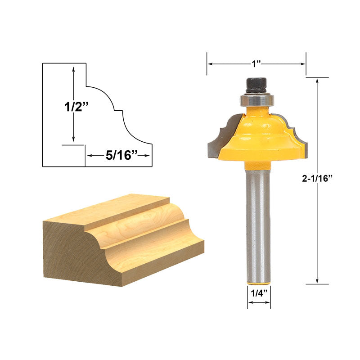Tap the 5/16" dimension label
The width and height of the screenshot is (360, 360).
click(121, 155)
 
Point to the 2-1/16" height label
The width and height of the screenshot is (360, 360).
click(317, 178)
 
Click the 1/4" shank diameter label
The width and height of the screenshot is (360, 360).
click(259, 293)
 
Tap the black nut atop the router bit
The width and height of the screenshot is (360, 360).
click(256, 85)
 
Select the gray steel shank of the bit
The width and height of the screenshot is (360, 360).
click(258, 227)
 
